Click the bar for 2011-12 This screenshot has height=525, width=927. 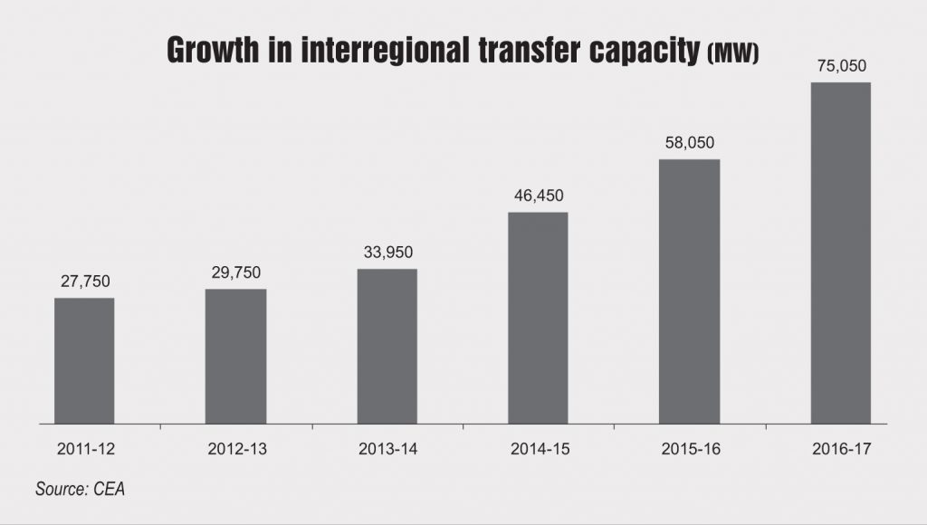click(84, 360)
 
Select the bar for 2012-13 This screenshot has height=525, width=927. click(235, 356)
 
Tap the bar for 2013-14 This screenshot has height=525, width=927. click(387, 346)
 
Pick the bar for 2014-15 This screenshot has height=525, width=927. click(538, 318)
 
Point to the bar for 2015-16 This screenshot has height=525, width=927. click(689, 291)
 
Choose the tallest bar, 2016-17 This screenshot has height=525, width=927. click(840, 253)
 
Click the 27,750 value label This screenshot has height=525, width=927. click(84, 282)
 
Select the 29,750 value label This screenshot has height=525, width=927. click(235, 272)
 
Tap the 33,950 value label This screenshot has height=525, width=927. click(387, 253)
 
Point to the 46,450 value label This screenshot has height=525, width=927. click(538, 196)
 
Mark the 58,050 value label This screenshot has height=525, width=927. click(689, 143)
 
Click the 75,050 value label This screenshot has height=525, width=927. click(840, 66)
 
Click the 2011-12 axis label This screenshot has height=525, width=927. click(84, 447)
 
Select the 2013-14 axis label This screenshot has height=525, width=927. click(387, 447)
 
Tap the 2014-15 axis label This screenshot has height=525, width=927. click(538, 447)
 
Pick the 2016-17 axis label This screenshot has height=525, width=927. click(840, 447)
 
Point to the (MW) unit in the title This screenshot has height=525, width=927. click(731, 54)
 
